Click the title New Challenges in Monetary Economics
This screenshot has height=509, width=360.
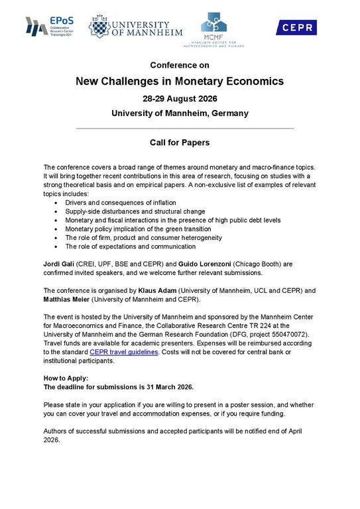[x=180, y=82]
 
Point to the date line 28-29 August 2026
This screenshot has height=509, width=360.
[x=180, y=99]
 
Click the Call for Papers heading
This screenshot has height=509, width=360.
[x=180, y=142]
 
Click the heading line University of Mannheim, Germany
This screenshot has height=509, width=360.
[x=180, y=113]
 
